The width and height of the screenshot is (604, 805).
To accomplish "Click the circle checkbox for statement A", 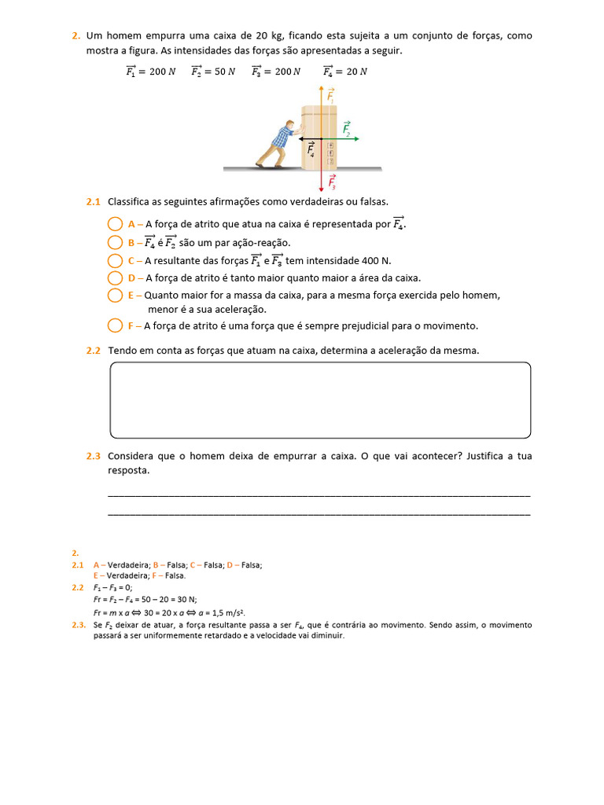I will click(115, 224).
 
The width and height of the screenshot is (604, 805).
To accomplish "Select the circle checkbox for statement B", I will click(115, 242).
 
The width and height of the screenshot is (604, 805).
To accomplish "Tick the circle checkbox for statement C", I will click(115, 260).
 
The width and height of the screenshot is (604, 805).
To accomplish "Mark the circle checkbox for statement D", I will click(115, 278).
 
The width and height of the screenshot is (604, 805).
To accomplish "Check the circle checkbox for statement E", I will click(115, 296).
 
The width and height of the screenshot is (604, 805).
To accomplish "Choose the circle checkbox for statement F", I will click(115, 325).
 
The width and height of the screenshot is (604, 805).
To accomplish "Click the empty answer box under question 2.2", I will click(320, 399).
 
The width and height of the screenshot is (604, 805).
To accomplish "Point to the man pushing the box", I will click(278, 145).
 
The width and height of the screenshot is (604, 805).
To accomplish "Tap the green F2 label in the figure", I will click(347, 129).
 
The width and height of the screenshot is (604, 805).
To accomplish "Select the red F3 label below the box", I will click(332, 182).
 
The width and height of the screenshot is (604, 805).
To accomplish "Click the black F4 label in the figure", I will click(311, 149).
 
